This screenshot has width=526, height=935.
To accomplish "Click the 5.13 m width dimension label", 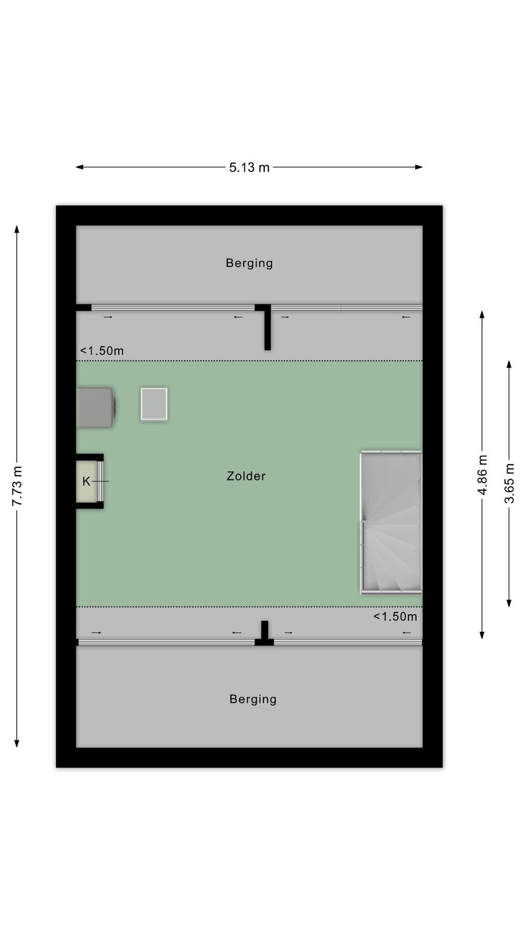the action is click(x=249, y=167).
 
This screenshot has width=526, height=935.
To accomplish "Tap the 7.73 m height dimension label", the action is click(x=17, y=486).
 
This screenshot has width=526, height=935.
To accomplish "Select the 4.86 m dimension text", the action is click(x=482, y=475).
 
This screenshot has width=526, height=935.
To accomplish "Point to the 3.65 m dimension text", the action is click(x=509, y=483).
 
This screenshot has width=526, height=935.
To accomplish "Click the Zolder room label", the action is click(x=246, y=476).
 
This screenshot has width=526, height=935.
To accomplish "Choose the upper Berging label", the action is click(x=249, y=264).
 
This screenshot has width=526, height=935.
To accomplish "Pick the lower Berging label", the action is click(x=253, y=699).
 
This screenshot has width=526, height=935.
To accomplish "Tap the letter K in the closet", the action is click(x=86, y=482).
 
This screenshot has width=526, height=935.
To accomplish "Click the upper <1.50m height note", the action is click(x=102, y=351).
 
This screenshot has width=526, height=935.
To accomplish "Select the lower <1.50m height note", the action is click(x=395, y=617).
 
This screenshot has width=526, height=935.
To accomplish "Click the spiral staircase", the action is click(x=391, y=522).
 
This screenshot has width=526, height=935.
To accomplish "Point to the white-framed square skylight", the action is click(x=154, y=404).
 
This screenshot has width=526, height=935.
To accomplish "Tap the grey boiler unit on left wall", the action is click(x=96, y=407).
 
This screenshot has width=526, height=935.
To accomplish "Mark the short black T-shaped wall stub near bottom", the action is click(x=264, y=633).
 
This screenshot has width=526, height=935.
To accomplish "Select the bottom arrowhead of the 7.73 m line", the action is click(x=17, y=743).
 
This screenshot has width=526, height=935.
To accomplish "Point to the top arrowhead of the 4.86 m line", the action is click(x=482, y=315).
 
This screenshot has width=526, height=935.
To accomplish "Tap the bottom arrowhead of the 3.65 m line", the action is click(x=509, y=602).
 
